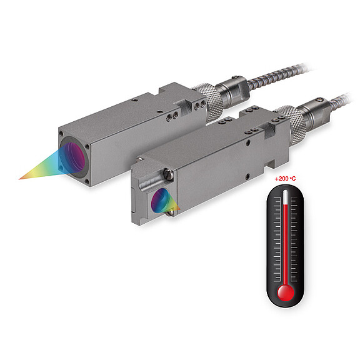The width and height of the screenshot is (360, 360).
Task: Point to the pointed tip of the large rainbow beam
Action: click(x=21, y=177)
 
